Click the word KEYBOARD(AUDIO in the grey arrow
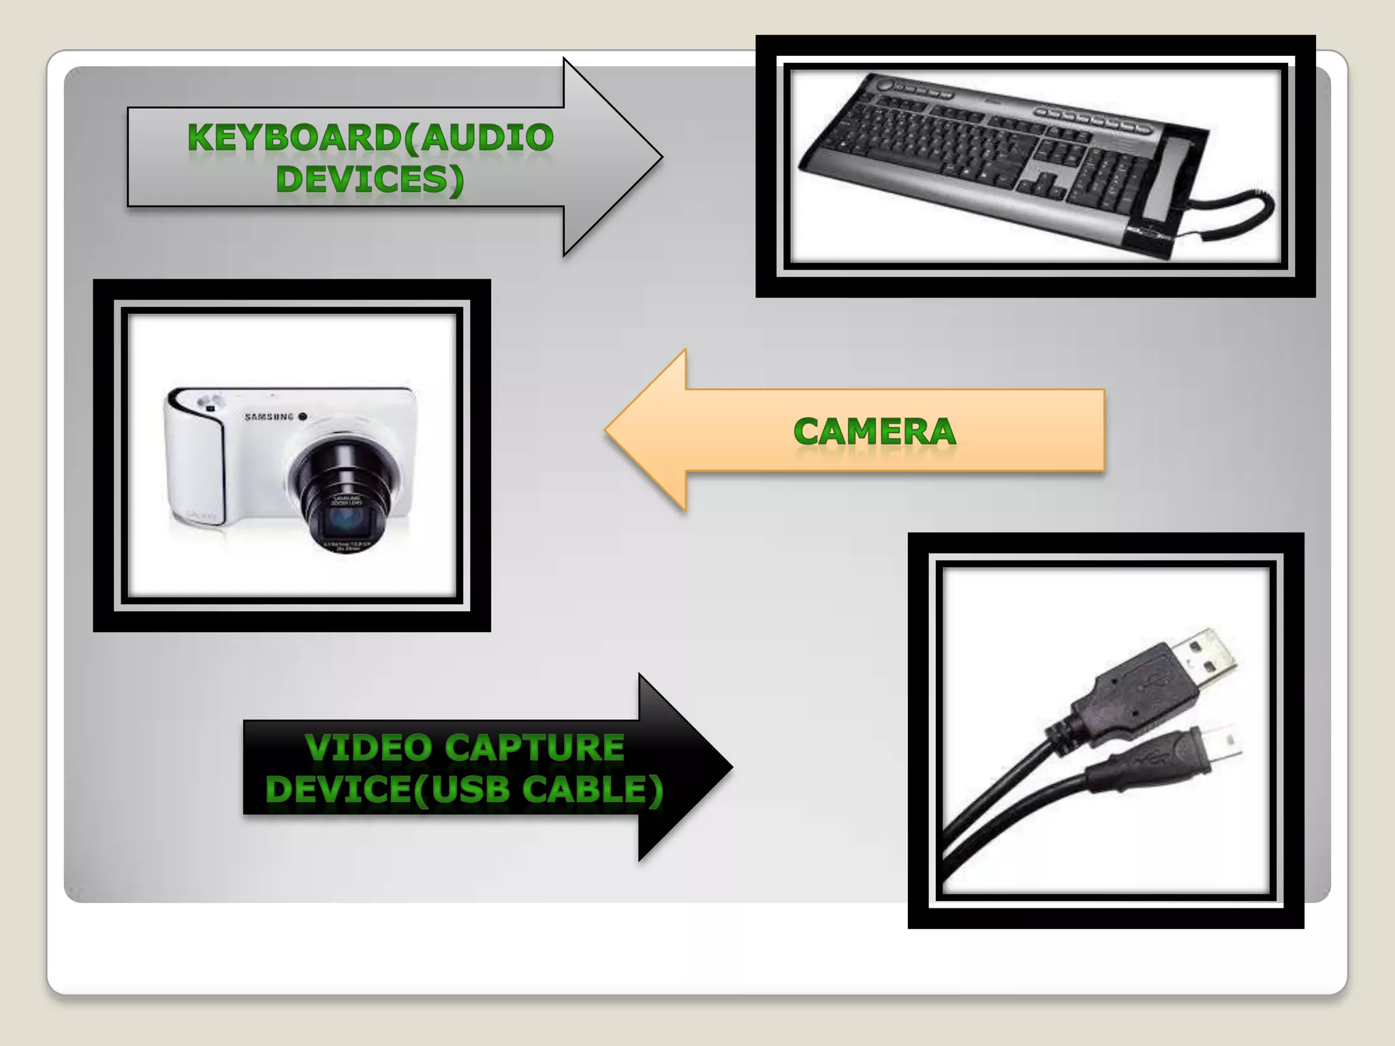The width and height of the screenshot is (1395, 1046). coord(371,138)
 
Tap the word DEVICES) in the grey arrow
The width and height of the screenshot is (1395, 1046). coord(370,180)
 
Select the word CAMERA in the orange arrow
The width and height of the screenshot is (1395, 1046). coord(875,432)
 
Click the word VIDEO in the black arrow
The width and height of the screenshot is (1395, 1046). coord(369,748)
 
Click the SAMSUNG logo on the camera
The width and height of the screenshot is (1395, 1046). coord(270,417)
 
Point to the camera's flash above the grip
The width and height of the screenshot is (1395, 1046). coord(209,401)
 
